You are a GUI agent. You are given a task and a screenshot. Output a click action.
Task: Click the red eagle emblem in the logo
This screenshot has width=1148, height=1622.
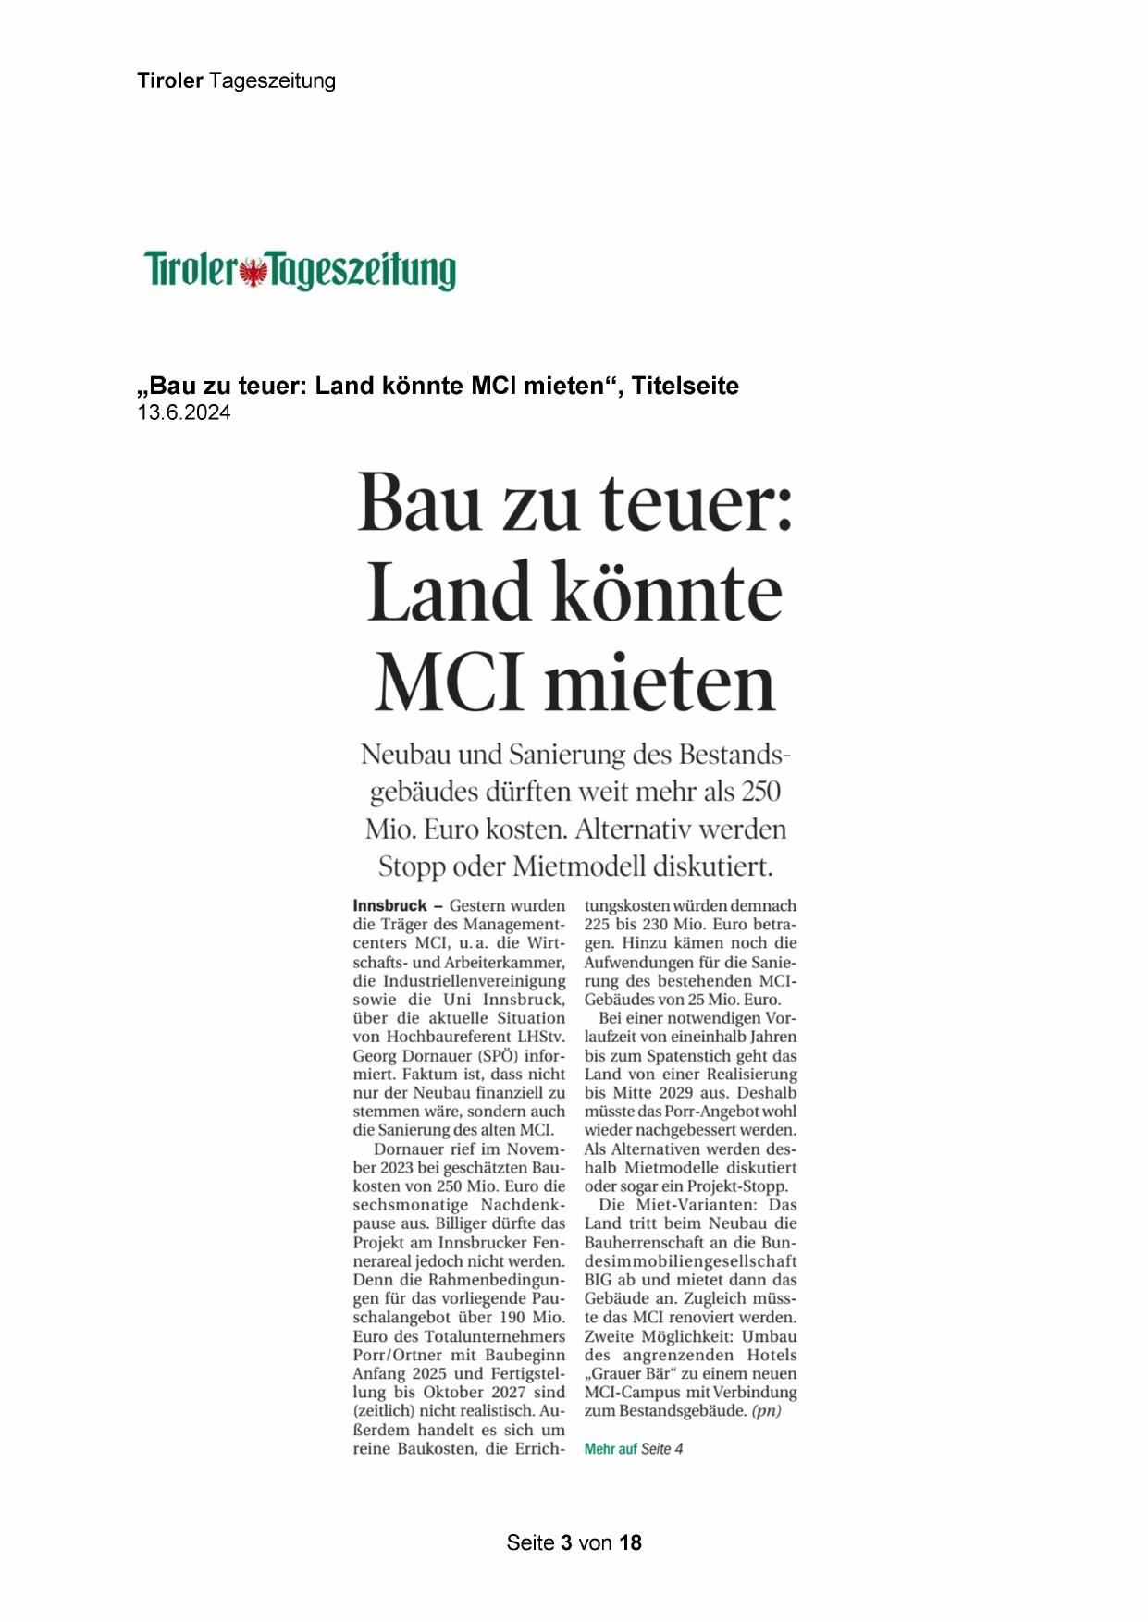click(x=252, y=273)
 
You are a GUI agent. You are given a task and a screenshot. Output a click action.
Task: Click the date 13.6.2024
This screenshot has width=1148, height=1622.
click(x=184, y=413)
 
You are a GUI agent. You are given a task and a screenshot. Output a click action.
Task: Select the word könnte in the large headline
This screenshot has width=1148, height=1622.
click(x=667, y=593)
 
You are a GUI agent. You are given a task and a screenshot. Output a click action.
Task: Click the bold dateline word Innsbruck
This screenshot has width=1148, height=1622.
click(x=389, y=906)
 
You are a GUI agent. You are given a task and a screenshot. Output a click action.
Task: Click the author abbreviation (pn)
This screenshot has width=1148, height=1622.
click(x=766, y=1411)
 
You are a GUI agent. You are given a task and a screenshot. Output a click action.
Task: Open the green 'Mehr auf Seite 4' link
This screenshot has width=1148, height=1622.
click(x=634, y=1449)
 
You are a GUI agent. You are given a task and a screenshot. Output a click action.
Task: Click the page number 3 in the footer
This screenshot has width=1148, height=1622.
click(x=565, y=1542)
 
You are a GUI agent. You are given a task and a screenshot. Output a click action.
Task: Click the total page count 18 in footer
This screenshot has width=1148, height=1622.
click(x=630, y=1542)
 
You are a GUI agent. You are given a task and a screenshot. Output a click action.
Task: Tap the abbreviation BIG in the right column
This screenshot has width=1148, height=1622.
click(x=599, y=1280)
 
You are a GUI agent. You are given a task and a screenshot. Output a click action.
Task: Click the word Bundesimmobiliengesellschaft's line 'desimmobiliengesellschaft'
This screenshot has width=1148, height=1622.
click(x=690, y=1261)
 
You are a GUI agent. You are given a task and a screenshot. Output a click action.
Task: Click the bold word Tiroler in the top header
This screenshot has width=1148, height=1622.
click(x=170, y=80)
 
